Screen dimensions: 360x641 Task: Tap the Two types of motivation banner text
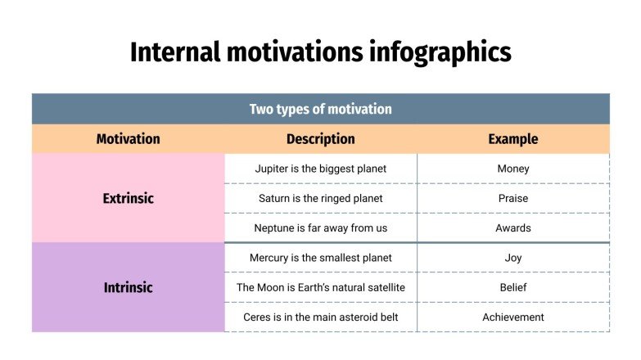pyautogui.click(x=320, y=109)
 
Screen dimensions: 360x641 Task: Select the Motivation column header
pyautogui.click(x=128, y=139)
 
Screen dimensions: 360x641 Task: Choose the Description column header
pyautogui.click(x=320, y=139)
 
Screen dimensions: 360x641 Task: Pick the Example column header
pyautogui.click(x=513, y=139)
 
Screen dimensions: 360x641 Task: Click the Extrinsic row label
pyautogui.click(x=128, y=198)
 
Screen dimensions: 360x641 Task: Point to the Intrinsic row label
pyautogui.click(x=128, y=287)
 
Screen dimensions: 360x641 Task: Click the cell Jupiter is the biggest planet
pyautogui.click(x=320, y=169)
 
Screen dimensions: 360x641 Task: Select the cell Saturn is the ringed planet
pyautogui.click(x=320, y=198)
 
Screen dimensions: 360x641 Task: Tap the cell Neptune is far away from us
pyautogui.click(x=320, y=228)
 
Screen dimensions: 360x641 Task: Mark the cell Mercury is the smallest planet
pyautogui.click(x=320, y=258)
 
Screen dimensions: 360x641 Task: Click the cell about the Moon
pyautogui.click(x=320, y=287)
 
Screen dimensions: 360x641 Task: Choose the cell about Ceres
pyautogui.click(x=320, y=317)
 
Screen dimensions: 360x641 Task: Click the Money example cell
pyautogui.click(x=513, y=169)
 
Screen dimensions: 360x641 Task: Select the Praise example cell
pyautogui.click(x=513, y=198)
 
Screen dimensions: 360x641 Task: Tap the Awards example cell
pyautogui.click(x=513, y=228)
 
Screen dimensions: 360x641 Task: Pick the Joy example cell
pyautogui.click(x=513, y=258)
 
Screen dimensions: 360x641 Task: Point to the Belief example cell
pyautogui.click(x=513, y=287)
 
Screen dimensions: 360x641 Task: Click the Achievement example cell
pyautogui.click(x=513, y=317)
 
